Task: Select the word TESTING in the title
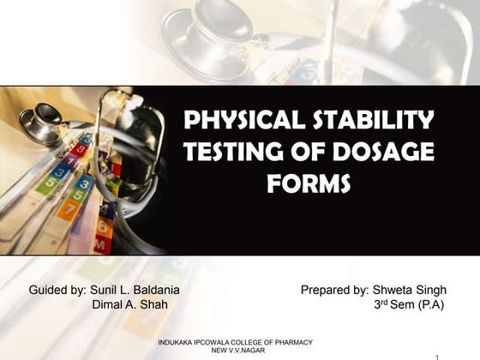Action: point(234,152)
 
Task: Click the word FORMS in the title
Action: point(309,183)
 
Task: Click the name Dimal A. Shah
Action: point(130,305)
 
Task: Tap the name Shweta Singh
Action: point(407,290)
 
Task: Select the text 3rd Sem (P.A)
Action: point(410,305)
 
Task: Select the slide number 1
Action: point(437,355)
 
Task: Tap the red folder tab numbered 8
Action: point(80,149)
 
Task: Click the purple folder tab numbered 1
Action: point(70,160)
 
